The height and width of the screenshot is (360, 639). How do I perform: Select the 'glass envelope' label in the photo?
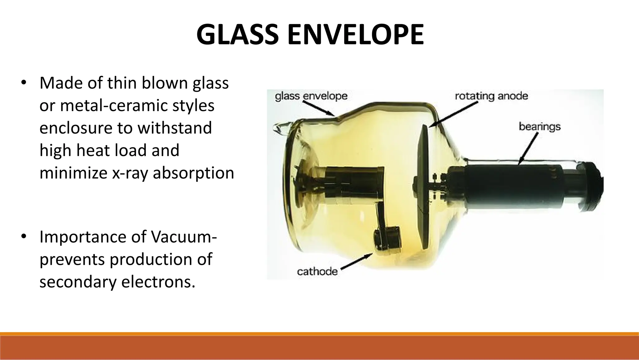(x=311, y=96)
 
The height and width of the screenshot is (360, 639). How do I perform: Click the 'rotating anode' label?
(x=491, y=96)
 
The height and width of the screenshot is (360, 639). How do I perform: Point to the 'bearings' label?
(x=539, y=126)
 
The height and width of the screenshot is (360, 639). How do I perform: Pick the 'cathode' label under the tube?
(x=317, y=271)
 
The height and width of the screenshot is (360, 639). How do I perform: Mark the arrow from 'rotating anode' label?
(x=454, y=114)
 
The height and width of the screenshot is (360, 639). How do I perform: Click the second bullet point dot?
(x=23, y=237)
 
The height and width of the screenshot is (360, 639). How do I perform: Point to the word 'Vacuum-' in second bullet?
(x=184, y=237)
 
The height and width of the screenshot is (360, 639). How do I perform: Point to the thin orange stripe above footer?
(x=319, y=334)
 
